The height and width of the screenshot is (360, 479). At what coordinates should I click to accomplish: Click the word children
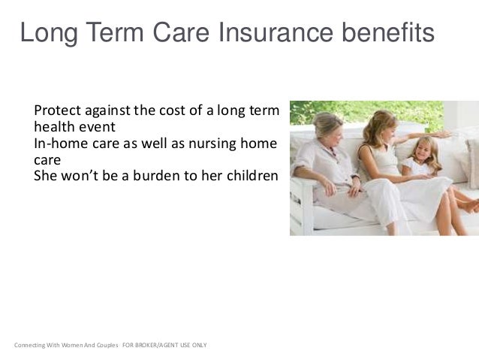[x=251, y=177]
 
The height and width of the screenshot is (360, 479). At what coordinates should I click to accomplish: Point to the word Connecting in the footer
[x=30, y=346]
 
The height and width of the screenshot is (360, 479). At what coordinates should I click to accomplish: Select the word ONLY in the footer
[x=200, y=346]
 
